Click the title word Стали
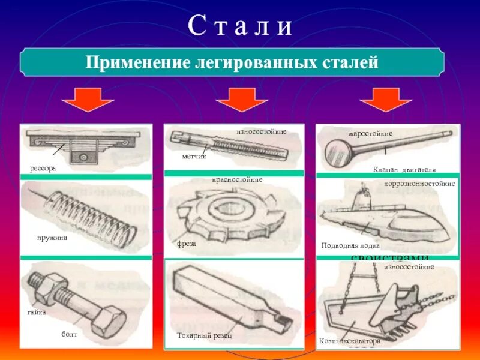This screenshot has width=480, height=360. point(240,26)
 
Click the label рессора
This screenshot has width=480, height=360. point(43,169)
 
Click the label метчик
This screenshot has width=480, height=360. point(194,156)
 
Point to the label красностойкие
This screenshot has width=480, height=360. point(237,180)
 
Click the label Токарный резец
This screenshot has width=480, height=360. point(204,335)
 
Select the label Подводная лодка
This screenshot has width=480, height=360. point(350,245)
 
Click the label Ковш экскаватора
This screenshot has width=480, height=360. point(350,341)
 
